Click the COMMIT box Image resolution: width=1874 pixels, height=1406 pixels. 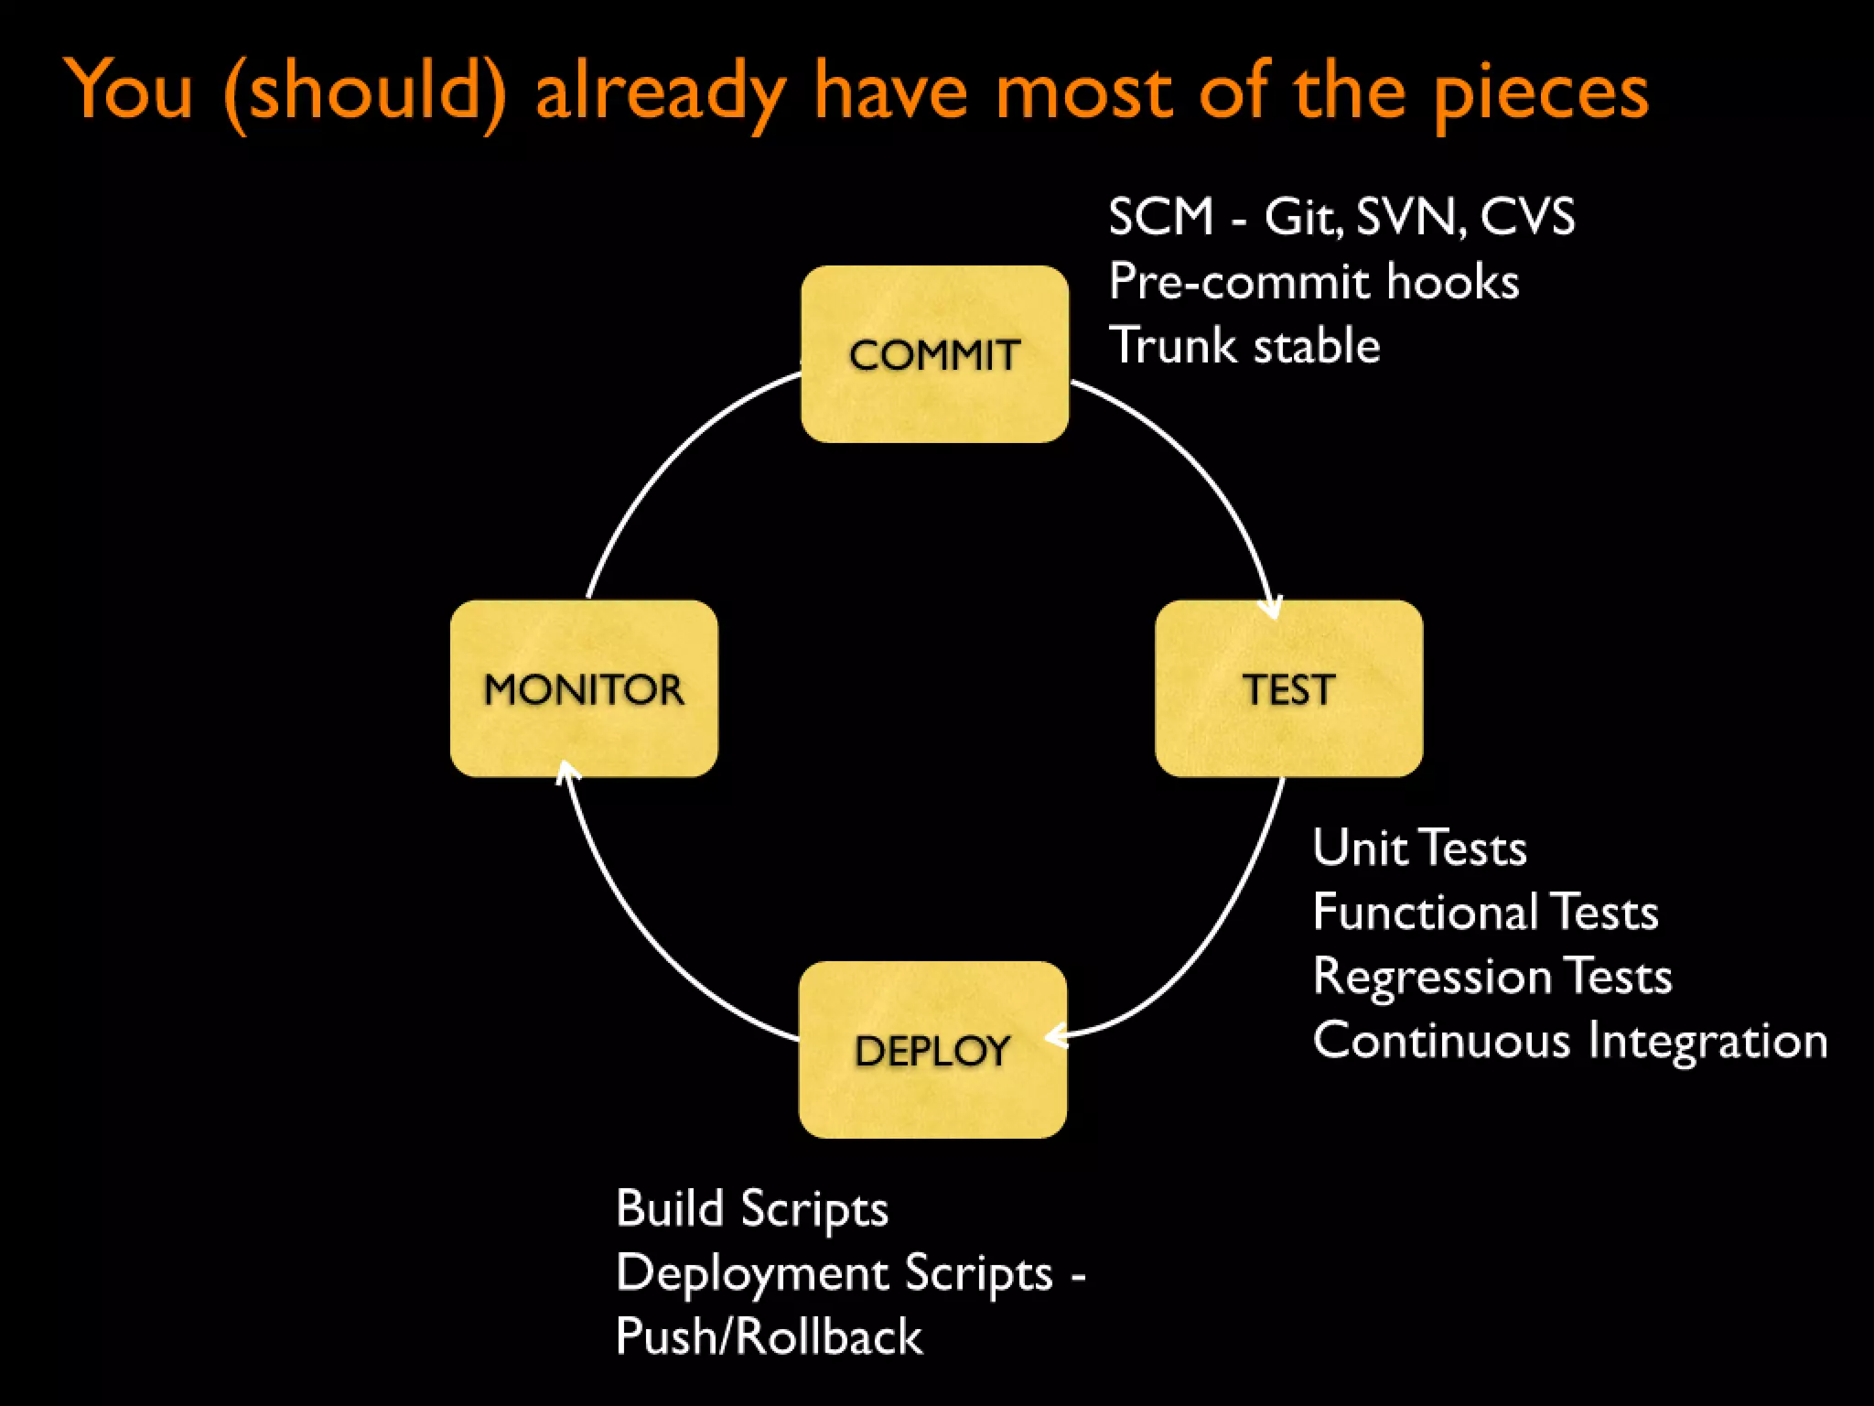[x=934, y=354]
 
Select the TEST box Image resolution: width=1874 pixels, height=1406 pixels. [x=1288, y=688]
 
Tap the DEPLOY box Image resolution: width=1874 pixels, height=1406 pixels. [x=932, y=1050]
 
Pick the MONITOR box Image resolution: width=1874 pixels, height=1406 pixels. [x=584, y=688]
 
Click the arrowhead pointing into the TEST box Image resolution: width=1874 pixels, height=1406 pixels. [x=1272, y=609]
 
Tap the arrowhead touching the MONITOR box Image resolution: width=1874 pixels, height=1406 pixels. [x=566, y=772]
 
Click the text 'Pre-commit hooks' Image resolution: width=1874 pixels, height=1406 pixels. [x=1313, y=282]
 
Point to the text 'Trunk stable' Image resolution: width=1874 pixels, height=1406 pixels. [x=1244, y=346]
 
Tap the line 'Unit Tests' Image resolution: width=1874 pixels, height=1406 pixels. [x=1419, y=848]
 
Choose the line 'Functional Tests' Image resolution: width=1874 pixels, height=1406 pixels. [x=1485, y=912]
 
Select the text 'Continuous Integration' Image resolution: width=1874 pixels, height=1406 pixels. [x=1569, y=1041]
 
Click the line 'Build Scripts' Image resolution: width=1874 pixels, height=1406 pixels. [x=752, y=1208]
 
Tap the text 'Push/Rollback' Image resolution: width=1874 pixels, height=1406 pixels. [x=769, y=1336]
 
